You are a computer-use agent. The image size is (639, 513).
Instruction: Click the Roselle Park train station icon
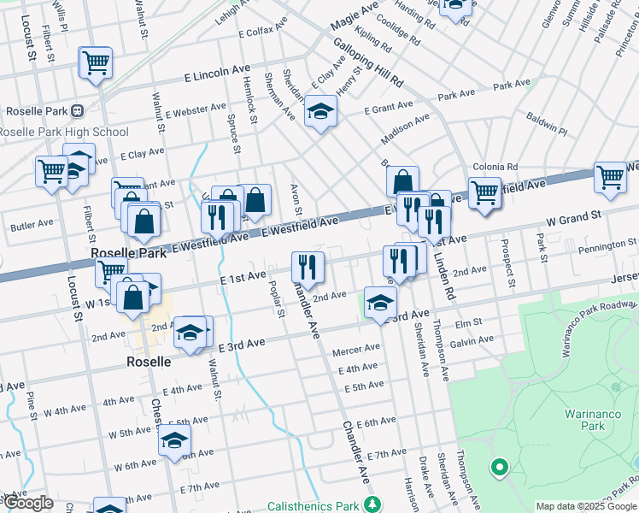tap(79, 110)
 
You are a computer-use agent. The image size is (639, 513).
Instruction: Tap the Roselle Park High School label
tap(64, 132)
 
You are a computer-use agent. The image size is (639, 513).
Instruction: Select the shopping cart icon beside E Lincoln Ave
tap(96, 64)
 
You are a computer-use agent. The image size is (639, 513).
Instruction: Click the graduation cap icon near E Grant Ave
tap(321, 111)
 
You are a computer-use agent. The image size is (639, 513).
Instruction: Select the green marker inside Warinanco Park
tap(497, 468)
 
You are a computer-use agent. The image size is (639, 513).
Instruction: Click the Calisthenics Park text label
tap(314, 504)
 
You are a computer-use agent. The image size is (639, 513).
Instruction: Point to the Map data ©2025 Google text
tap(586, 506)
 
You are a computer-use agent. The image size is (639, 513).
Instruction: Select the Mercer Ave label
tap(356, 349)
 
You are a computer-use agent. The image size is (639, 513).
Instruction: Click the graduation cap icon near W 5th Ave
tap(174, 441)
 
